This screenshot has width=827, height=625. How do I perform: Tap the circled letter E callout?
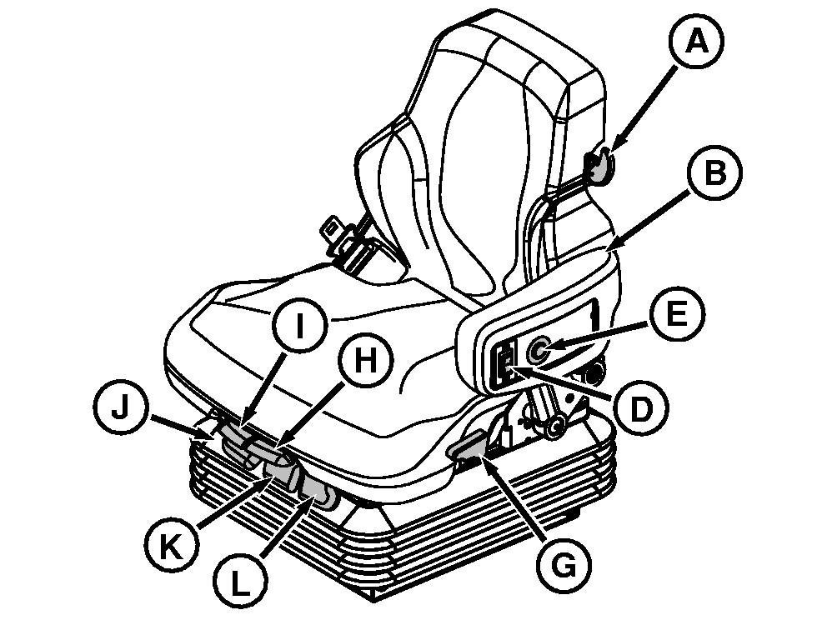676,316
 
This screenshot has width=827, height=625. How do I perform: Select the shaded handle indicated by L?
316,494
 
